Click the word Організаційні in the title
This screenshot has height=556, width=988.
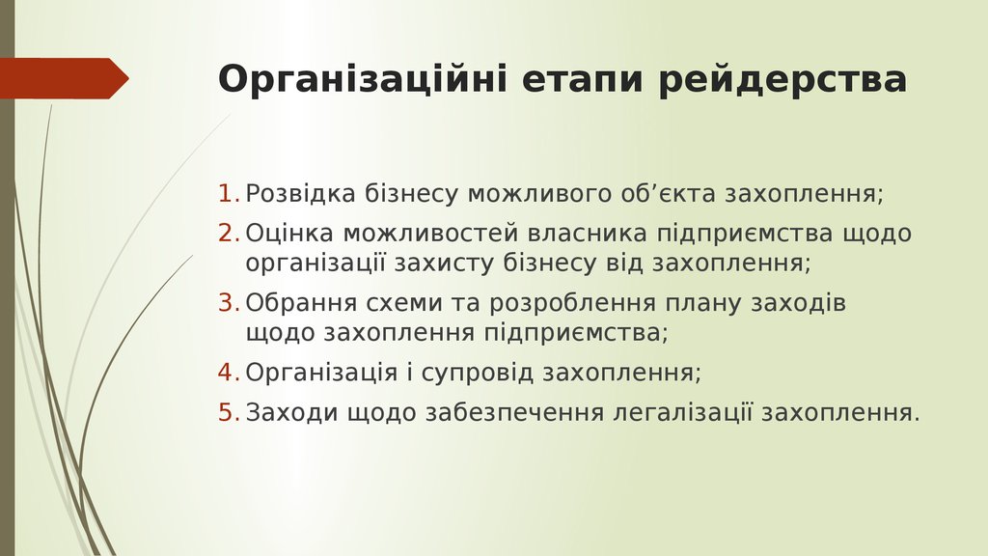[x=361, y=80]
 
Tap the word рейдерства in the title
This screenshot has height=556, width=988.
[x=783, y=80]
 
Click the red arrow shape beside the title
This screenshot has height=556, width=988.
[x=64, y=78]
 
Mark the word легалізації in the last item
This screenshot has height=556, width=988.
[x=681, y=413]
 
